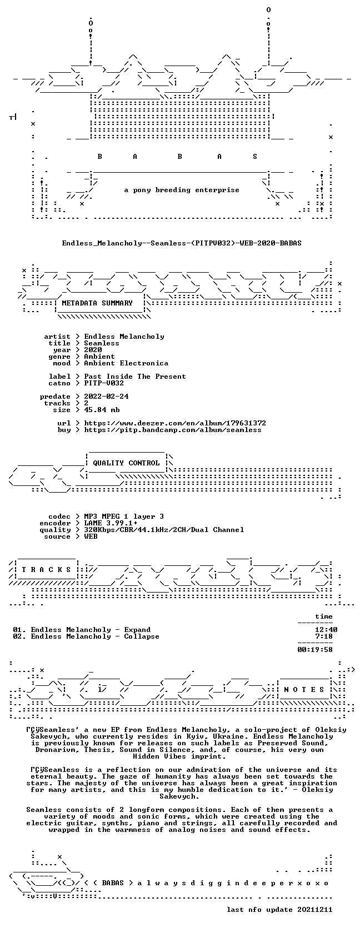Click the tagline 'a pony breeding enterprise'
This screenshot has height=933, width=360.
(182, 190)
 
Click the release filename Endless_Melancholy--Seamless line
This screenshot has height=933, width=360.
(182, 243)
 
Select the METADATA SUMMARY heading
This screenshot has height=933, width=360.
(97, 303)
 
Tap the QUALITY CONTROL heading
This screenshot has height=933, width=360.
(126, 463)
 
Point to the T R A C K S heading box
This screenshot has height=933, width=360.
(46, 570)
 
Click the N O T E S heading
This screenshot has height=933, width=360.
(304, 690)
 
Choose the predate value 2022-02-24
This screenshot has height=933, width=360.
(106, 397)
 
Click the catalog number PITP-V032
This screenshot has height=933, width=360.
(104, 383)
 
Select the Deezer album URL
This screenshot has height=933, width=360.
(175, 423)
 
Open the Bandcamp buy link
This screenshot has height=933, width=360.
(173, 430)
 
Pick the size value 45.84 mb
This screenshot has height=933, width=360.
(102, 410)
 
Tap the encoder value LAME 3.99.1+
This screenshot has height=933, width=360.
(111, 523)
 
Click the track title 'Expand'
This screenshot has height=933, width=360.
(137, 630)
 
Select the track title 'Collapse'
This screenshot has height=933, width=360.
(142, 636)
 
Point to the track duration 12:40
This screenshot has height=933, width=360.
(326, 630)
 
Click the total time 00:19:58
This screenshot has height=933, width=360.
(315, 650)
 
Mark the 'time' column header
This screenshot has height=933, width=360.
(324, 616)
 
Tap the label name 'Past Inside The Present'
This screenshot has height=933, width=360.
(135, 377)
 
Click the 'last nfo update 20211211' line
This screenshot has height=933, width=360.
(279, 910)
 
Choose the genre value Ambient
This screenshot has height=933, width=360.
(99, 357)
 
